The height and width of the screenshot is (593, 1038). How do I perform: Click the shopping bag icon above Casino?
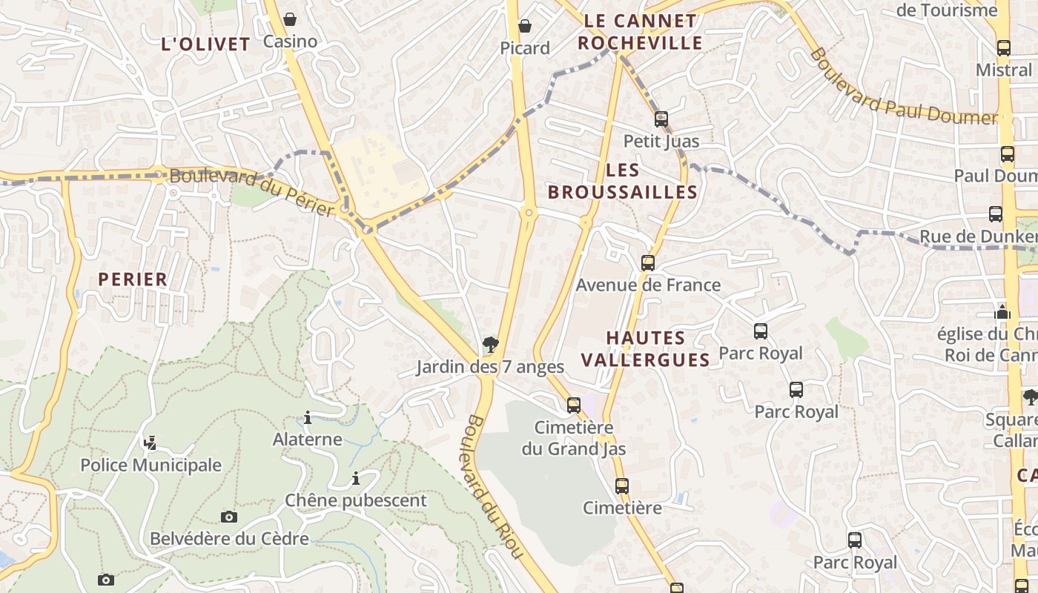coord(290,19)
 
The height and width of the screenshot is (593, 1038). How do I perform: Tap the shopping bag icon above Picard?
coord(525,26)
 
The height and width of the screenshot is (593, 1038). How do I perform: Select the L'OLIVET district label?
coord(205,44)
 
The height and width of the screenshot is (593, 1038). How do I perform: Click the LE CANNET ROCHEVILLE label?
coord(640,32)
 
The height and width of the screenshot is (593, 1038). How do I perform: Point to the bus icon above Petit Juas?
coord(661,119)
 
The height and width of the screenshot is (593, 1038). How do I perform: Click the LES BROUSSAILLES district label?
coord(623,182)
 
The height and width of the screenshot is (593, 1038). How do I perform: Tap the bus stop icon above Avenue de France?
coord(647,262)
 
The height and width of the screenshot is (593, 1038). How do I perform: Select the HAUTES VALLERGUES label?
coord(645,349)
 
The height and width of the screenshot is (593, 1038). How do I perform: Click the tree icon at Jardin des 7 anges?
coord(490,344)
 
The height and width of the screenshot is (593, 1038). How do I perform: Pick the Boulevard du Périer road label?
coord(252,192)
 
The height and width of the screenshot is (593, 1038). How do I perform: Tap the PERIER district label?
coord(133,279)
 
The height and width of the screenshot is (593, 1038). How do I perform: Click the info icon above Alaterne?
coord(308,417)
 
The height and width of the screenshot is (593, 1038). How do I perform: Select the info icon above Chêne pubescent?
coord(356,478)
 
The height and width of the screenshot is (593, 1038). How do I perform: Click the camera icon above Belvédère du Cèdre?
coord(229,517)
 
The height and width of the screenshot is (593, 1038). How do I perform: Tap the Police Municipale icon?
coord(151,443)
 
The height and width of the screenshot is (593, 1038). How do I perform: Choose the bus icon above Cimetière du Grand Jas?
coord(573,405)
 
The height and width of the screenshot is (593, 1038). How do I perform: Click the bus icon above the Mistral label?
coord(1003,48)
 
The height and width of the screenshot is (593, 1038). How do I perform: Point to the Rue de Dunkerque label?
coord(977,236)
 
